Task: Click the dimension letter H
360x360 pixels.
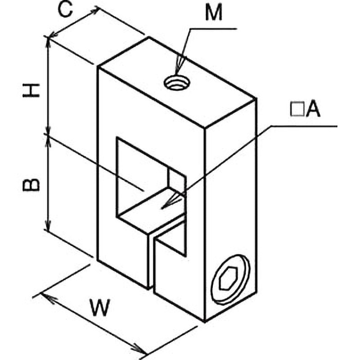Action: pyautogui.click(x=31, y=90)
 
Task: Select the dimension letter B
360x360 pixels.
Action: pyautogui.click(x=31, y=184)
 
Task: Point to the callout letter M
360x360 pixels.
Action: pyautogui.click(x=214, y=13)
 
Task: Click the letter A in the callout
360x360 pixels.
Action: pyautogui.click(x=313, y=109)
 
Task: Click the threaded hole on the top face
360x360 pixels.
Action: pyautogui.click(x=177, y=82)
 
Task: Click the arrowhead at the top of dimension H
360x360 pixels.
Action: pyautogui.click(x=48, y=42)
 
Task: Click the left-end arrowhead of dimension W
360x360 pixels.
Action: pyautogui.click(x=48, y=297)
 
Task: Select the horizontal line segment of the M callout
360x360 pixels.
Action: pyautogui.click(x=213, y=29)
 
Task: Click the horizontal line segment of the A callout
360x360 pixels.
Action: pyautogui.click(x=304, y=126)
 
